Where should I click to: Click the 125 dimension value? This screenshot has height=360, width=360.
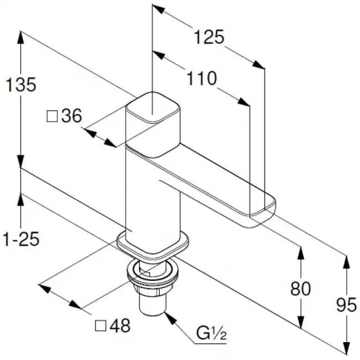tap(209, 37)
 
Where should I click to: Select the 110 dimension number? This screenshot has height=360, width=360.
tap(202, 78)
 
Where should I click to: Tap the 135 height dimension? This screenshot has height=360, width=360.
tap(21, 84)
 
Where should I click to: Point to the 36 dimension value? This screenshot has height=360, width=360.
tap(72, 116)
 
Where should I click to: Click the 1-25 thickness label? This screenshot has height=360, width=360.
tap(21, 239)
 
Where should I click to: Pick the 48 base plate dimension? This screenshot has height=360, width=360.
tap(120, 325)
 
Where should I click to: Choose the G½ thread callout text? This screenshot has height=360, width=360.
tap(212, 333)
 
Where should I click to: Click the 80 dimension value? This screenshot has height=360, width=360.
tap(300, 289)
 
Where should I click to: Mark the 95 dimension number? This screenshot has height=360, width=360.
tap(346, 305)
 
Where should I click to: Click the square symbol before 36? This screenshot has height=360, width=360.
tap(53, 117)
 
